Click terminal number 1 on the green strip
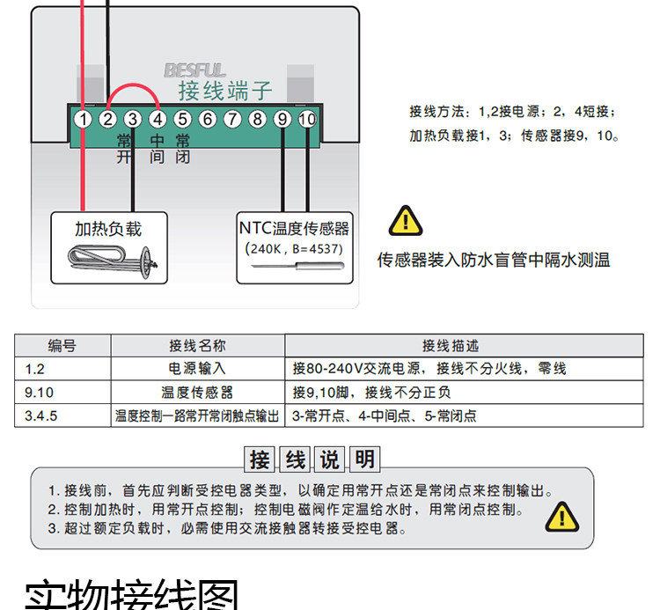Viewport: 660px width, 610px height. coord(83,119)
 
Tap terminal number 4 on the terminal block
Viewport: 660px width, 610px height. coord(157,119)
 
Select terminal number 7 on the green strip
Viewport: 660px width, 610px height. coord(232,119)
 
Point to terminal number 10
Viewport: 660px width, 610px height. coord(307,119)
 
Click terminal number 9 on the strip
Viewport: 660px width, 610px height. coord(282,119)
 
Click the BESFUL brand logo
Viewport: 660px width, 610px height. coord(194,70)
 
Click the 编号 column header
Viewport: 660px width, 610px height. coord(62,346)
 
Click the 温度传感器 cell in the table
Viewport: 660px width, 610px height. coord(197,393)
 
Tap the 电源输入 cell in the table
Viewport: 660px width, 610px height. coord(197,369)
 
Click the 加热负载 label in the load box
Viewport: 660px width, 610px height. coord(107,229)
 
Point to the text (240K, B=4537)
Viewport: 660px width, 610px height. coord(294,249)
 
